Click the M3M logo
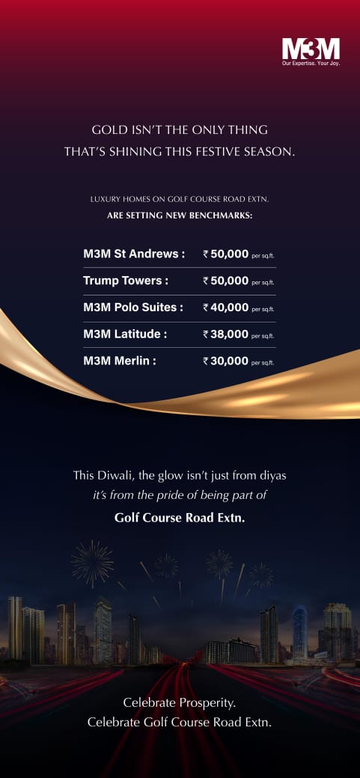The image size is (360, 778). (x=311, y=49)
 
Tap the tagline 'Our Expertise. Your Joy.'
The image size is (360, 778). (x=311, y=64)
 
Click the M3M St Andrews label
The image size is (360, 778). (x=134, y=254)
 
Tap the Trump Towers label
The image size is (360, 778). (x=125, y=281)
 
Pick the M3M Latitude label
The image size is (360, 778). (x=125, y=334)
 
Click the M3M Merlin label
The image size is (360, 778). (x=120, y=361)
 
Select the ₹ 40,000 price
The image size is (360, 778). (x=226, y=307)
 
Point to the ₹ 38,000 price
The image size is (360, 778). (x=226, y=334)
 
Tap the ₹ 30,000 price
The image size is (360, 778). (x=226, y=361)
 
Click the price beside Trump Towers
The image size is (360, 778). (x=226, y=281)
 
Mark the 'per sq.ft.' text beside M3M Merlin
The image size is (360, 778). (x=263, y=363)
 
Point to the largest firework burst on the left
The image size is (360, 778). (x=92, y=563)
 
